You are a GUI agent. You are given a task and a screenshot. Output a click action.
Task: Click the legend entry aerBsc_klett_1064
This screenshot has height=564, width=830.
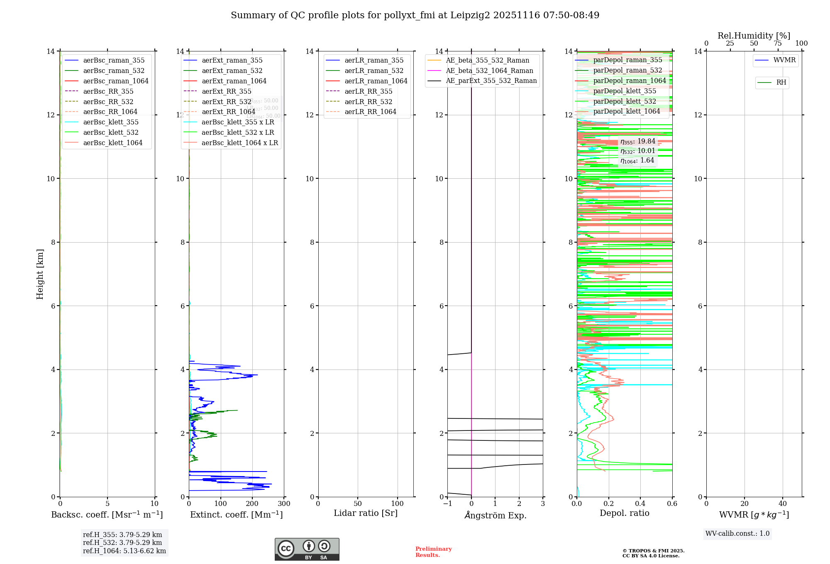click(112, 143)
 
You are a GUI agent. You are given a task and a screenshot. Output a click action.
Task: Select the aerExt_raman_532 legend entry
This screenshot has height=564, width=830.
click(232, 71)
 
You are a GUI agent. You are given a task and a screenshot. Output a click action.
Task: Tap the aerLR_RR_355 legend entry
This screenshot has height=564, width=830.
click(368, 91)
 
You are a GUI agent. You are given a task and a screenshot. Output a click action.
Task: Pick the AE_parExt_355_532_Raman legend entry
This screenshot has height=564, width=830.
click(491, 81)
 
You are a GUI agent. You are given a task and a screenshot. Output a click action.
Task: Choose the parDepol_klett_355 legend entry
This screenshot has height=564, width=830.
click(625, 91)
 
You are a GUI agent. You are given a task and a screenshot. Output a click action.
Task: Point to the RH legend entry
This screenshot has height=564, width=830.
click(781, 83)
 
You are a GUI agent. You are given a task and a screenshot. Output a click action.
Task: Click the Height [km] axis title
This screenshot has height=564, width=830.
click(40, 274)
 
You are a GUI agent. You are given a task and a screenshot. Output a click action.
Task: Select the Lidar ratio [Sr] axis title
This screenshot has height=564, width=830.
click(365, 513)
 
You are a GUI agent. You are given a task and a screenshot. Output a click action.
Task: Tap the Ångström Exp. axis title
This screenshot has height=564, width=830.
click(495, 515)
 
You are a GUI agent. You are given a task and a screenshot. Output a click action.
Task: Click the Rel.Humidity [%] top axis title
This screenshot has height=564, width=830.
click(754, 36)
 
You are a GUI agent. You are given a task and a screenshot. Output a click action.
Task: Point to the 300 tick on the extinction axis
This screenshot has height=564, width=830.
click(284, 504)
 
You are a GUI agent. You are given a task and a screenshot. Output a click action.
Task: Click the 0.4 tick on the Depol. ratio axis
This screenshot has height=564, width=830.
click(640, 504)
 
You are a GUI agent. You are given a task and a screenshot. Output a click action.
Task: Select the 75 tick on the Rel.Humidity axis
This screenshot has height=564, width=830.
click(778, 44)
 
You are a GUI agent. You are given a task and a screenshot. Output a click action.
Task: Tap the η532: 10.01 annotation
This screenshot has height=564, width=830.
click(638, 151)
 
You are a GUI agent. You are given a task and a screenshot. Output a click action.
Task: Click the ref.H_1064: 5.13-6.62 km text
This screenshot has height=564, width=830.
click(124, 551)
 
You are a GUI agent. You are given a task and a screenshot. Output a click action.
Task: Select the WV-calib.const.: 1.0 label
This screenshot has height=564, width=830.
click(737, 534)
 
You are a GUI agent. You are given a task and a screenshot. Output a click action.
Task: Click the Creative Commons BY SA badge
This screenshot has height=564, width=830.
click(307, 549)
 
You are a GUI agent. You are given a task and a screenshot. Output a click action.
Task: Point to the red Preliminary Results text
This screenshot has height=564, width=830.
click(433, 552)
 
